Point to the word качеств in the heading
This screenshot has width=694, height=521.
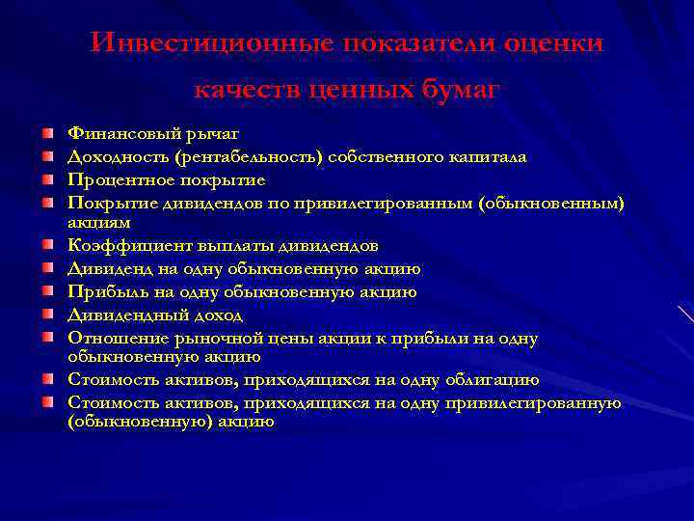[248, 91]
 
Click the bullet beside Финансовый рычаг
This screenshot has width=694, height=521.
[47, 131]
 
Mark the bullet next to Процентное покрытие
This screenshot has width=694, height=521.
[47, 178]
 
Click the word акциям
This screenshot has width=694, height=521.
[96, 221]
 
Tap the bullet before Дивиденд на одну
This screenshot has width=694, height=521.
[47, 267]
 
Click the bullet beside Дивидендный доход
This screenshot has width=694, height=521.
[47, 314]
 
